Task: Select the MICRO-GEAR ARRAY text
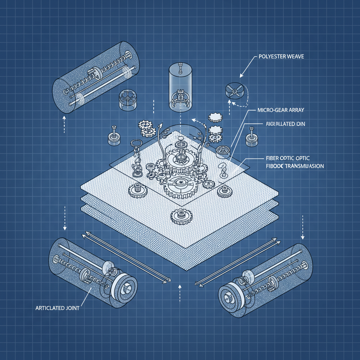[x=278, y=110]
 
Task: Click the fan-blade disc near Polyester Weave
[x=234, y=89]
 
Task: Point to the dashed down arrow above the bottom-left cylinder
[x=65, y=218]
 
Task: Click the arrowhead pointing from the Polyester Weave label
[x=242, y=75]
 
